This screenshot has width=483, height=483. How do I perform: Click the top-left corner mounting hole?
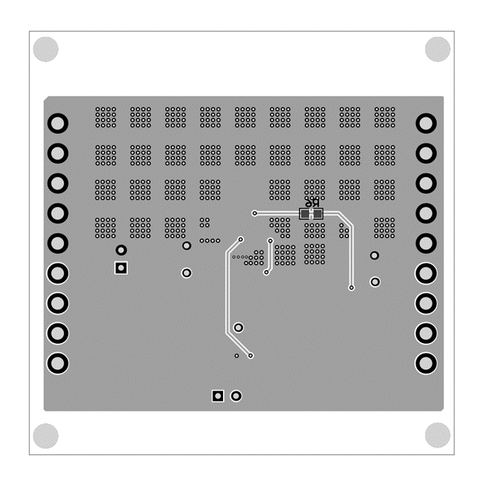pos(45,49)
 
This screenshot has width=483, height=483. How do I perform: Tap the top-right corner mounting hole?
pos(438,49)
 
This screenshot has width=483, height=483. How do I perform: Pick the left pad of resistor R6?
pos(305,214)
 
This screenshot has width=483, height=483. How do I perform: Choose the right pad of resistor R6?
pos(318,214)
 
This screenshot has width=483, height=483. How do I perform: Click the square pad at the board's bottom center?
pos(218,396)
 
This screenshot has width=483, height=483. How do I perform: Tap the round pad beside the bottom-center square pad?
pos(237,396)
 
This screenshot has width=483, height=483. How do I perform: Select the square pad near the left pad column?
pos(121,268)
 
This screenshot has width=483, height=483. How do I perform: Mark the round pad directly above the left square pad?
pos(121,250)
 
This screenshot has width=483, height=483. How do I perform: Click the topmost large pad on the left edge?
pos(58,124)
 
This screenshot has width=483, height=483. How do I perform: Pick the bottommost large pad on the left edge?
pos(58,363)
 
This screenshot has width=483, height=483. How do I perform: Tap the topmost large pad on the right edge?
pos(425,124)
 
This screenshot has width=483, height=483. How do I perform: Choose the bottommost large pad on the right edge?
pos(425,363)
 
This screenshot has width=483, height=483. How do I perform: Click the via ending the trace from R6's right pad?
pos(352,288)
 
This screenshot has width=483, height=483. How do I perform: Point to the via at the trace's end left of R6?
pos(254,213)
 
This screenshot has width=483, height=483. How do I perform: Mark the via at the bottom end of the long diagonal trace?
pos(251,355)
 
